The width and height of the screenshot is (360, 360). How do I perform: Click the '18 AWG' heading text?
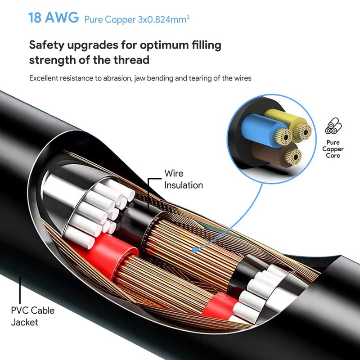pyautogui.click(x=54, y=18)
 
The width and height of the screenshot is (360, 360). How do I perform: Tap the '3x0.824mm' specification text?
pyautogui.click(x=163, y=19)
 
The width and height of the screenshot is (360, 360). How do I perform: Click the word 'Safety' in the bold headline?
pyautogui.click(x=47, y=45)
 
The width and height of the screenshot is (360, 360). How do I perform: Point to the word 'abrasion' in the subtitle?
pyautogui.click(x=117, y=78)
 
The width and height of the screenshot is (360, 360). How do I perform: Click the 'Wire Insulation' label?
pyautogui.click(x=184, y=179)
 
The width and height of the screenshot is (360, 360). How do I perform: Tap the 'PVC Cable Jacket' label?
pyautogui.click(x=32, y=316)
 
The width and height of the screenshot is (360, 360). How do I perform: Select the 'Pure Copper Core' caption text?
pyautogui.click(x=333, y=149)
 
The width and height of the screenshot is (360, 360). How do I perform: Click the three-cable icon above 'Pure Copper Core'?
pyautogui.click(x=333, y=126)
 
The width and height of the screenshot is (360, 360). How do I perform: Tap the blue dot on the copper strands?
pyautogui.click(x=195, y=250)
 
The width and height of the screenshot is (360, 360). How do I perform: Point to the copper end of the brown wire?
pyautogui.click(x=292, y=156)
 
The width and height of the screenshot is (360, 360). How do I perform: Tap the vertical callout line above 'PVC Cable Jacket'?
pyautogui.click(x=20, y=290)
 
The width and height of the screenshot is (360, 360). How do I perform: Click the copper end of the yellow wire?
pyautogui.click(x=302, y=131)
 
